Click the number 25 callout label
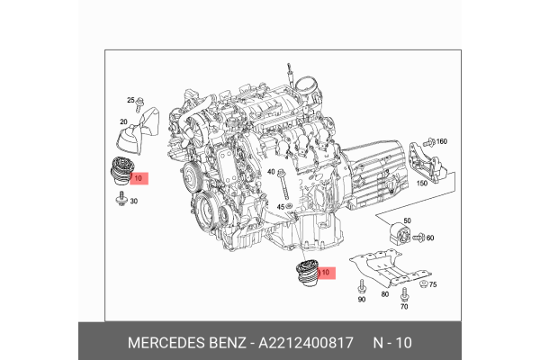pos(130,99)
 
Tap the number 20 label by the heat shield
pos(122,121)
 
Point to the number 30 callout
pos(133,201)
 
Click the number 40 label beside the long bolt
pos(271,171)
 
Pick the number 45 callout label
pos(281,208)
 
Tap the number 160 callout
pos(442,142)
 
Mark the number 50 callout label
pos(407,220)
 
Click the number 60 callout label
pos(430,238)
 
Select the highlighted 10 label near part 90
pos(326,272)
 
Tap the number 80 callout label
pos(385,294)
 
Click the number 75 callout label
pos(432,284)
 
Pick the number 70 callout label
pos(404,307)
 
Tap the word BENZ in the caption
pos(227,342)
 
